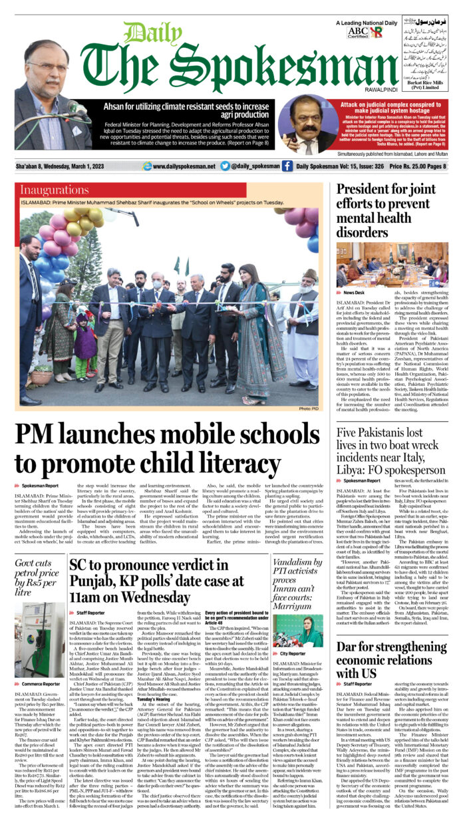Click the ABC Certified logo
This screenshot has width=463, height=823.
357,33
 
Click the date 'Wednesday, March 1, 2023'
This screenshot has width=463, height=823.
87,166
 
